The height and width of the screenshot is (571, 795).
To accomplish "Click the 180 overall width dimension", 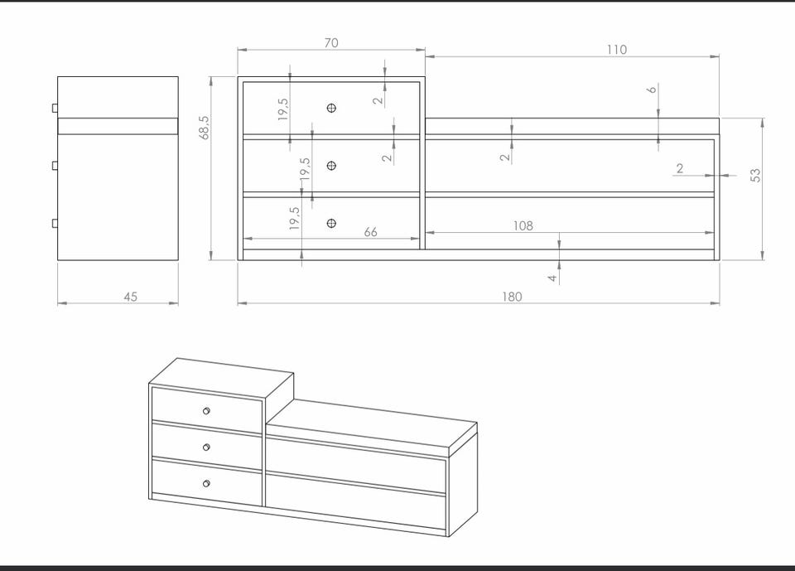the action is pyautogui.click(x=512, y=297).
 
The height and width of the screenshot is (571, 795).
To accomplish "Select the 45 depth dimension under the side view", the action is pyautogui.click(x=130, y=297).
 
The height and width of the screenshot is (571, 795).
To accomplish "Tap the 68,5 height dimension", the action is pyautogui.click(x=204, y=128).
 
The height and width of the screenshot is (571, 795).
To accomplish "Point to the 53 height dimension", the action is pyautogui.click(x=755, y=176).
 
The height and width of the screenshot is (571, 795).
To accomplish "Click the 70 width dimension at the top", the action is pyautogui.click(x=331, y=43).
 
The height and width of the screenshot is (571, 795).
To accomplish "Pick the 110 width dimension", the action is pyautogui.click(x=616, y=50).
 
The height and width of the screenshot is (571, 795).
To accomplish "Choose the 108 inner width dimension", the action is pyautogui.click(x=523, y=226).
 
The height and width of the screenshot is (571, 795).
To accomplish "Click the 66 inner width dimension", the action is pyautogui.click(x=371, y=232).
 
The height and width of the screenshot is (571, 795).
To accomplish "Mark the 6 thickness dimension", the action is pyautogui.click(x=652, y=90).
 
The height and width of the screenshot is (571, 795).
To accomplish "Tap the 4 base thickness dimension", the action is pyautogui.click(x=552, y=278).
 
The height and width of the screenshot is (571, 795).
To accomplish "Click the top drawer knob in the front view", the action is pyautogui.click(x=331, y=108).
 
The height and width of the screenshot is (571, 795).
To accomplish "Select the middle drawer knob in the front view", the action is pyautogui.click(x=331, y=166).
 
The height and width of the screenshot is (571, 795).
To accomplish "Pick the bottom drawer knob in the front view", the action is pyautogui.click(x=331, y=223).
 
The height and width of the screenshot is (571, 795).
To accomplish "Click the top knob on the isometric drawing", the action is pyautogui.click(x=206, y=410).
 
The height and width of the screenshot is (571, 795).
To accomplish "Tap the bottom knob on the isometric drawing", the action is pyautogui.click(x=206, y=484).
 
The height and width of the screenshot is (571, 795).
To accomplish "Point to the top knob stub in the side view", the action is pyautogui.click(x=55, y=108).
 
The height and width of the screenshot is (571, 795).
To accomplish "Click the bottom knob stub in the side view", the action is pyautogui.click(x=55, y=223).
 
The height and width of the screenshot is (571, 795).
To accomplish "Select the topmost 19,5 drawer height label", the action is pyautogui.click(x=283, y=109).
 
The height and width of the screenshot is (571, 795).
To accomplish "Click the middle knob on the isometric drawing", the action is pyautogui.click(x=206, y=448).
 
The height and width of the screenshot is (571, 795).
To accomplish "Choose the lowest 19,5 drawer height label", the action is pyautogui.click(x=295, y=218).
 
